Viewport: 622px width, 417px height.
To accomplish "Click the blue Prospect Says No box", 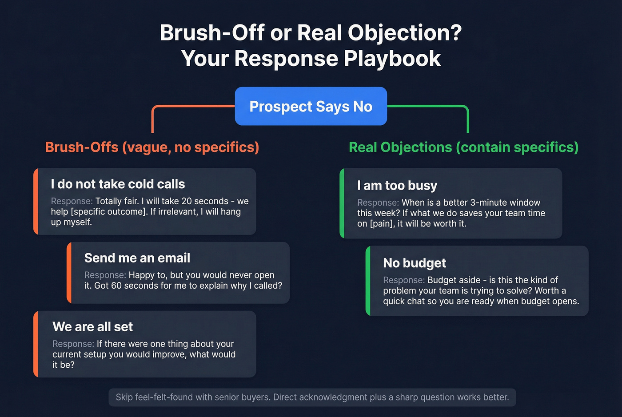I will [x=311, y=106].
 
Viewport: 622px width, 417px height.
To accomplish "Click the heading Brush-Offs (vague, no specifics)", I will [x=152, y=147].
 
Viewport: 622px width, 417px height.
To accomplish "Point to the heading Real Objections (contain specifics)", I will [x=463, y=147].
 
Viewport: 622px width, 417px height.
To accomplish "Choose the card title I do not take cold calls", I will [x=118, y=184].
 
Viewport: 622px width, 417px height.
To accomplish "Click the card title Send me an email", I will [x=137, y=258].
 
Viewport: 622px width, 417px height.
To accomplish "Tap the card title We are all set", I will [x=92, y=326].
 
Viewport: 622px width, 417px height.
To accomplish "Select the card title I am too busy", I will [x=397, y=185].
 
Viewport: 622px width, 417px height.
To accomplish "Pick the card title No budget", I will [x=414, y=263].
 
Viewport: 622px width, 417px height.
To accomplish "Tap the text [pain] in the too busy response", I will [x=381, y=224].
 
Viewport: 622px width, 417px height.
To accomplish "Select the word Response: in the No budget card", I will [x=403, y=280].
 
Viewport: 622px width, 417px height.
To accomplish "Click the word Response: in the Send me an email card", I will [x=105, y=275].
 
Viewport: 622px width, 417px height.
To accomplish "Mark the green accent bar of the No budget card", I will [x=368, y=281].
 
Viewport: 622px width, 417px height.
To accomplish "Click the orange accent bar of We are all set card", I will [x=36, y=344].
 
